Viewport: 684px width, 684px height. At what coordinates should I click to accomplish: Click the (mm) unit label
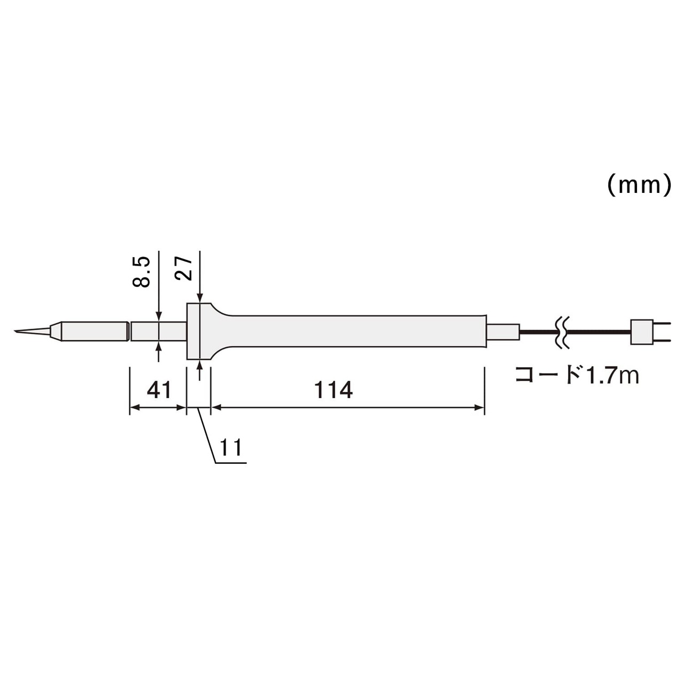coord(639,186)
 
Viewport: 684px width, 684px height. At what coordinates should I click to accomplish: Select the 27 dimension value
coord(184,269)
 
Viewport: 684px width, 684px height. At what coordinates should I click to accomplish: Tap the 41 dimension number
coord(159,390)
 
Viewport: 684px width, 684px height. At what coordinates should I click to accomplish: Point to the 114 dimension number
coord(333,390)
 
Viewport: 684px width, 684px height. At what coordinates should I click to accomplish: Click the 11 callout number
coord(231,447)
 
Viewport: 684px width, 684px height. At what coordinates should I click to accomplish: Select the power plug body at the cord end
coord(641,332)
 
